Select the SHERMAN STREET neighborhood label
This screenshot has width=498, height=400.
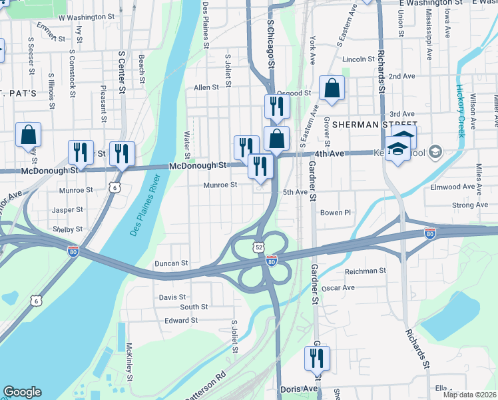pos(374,125)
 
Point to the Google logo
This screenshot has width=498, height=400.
pos(22,392)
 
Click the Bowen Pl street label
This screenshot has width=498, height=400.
pos(335,213)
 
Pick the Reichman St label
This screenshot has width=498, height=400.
pos(365,271)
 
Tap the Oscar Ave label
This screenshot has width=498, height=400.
pos(338,287)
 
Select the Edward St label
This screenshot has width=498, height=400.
pos(181,320)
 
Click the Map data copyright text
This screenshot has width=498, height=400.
pos(469,395)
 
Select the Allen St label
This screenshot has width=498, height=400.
pos(206,87)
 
